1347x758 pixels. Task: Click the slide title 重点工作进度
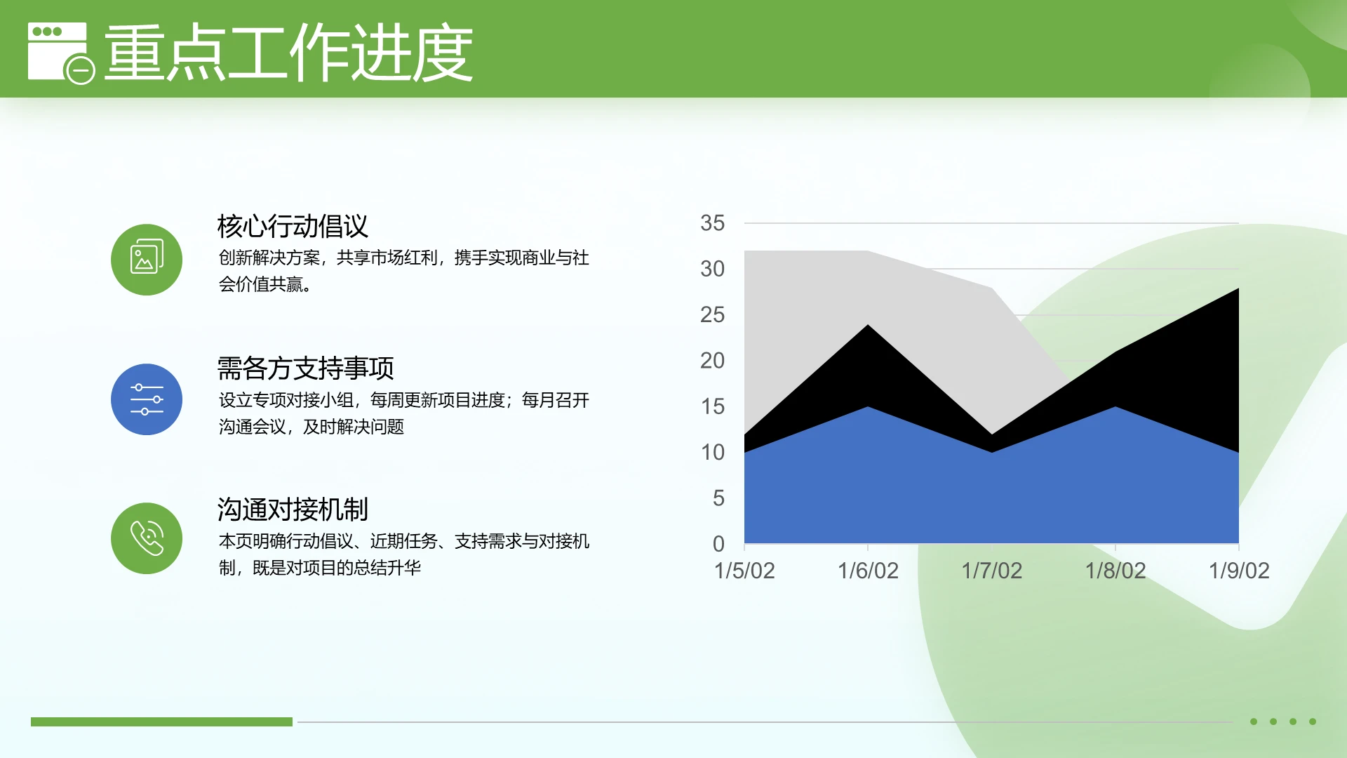288,53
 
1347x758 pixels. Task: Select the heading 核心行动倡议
293,226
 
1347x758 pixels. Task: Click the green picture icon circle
147,260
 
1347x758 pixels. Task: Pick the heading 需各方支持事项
305,368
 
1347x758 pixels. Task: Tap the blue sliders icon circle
147,399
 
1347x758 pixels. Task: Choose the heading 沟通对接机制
293,510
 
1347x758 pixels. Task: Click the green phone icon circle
147,538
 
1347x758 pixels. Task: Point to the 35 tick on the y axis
712,223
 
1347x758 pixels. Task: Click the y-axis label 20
712,361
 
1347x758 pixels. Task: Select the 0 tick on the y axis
718,544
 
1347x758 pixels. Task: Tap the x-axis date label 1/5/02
744,571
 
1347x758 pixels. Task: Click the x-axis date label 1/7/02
991,571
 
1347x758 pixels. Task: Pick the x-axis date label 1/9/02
1239,571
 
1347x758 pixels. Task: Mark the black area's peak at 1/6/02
868,326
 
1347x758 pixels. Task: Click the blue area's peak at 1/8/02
1115,408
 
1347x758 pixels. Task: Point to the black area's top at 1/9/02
1238,290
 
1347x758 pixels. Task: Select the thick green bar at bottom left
161,722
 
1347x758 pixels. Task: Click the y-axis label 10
712,453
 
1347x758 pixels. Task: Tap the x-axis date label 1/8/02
1115,571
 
